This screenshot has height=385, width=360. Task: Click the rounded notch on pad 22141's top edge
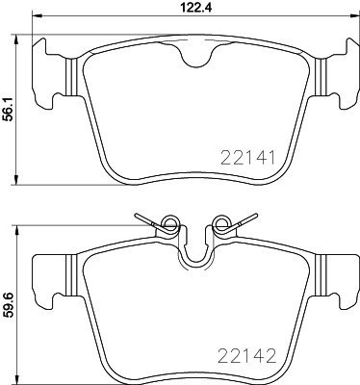point(198,60)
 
